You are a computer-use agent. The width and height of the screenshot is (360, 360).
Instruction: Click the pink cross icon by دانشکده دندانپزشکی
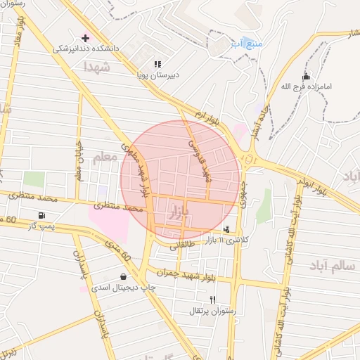[x=86, y=38]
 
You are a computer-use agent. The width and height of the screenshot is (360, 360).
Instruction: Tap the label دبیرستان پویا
[x=158, y=74]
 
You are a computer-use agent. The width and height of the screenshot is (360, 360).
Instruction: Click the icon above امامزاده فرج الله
[x=305, y=76]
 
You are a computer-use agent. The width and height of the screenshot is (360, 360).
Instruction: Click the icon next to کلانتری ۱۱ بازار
[x=226, y=229]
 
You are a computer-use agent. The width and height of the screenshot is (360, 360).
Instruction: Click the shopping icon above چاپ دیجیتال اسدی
[x=124, y=276]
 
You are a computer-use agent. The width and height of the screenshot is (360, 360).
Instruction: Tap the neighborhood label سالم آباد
[x=332, y=265]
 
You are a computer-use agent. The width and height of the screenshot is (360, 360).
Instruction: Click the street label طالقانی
[x=180, y=243]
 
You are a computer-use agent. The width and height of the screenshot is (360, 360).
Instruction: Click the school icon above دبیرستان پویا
[x=158, y=63]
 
